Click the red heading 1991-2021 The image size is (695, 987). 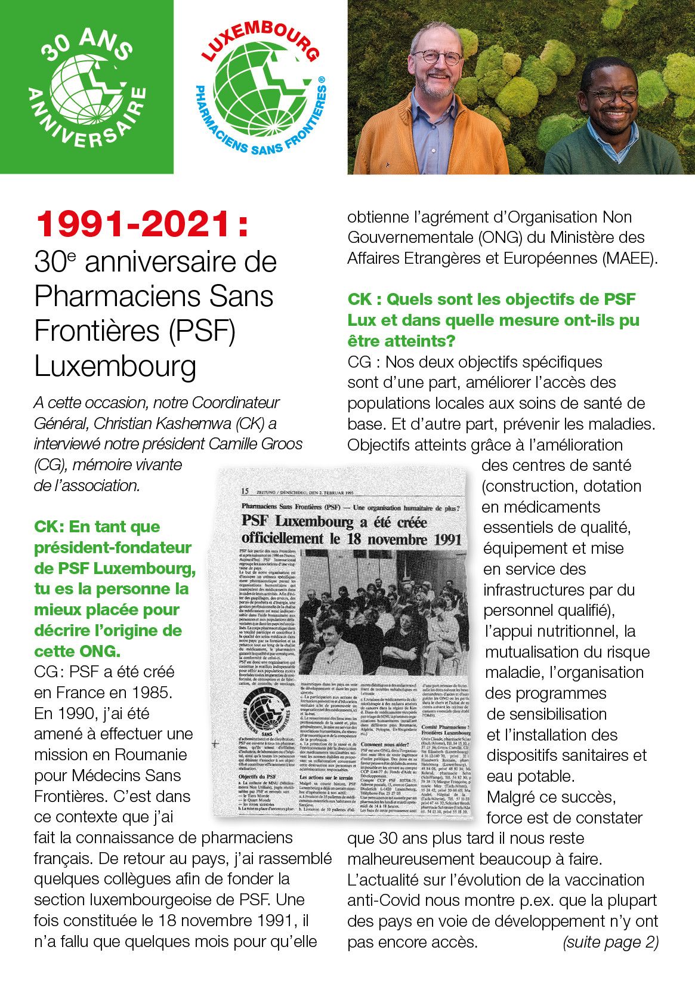coord(141,224)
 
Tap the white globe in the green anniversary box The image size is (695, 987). coord(87,87)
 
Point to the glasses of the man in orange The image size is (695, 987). coord(437,58)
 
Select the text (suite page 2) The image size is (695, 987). coord(610,942)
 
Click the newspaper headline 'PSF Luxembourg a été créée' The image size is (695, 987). coord(334,522)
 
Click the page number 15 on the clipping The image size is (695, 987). coord(245,491)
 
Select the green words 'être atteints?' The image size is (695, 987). coord(401,341)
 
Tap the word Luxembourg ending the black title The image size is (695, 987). coord(115,366)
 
